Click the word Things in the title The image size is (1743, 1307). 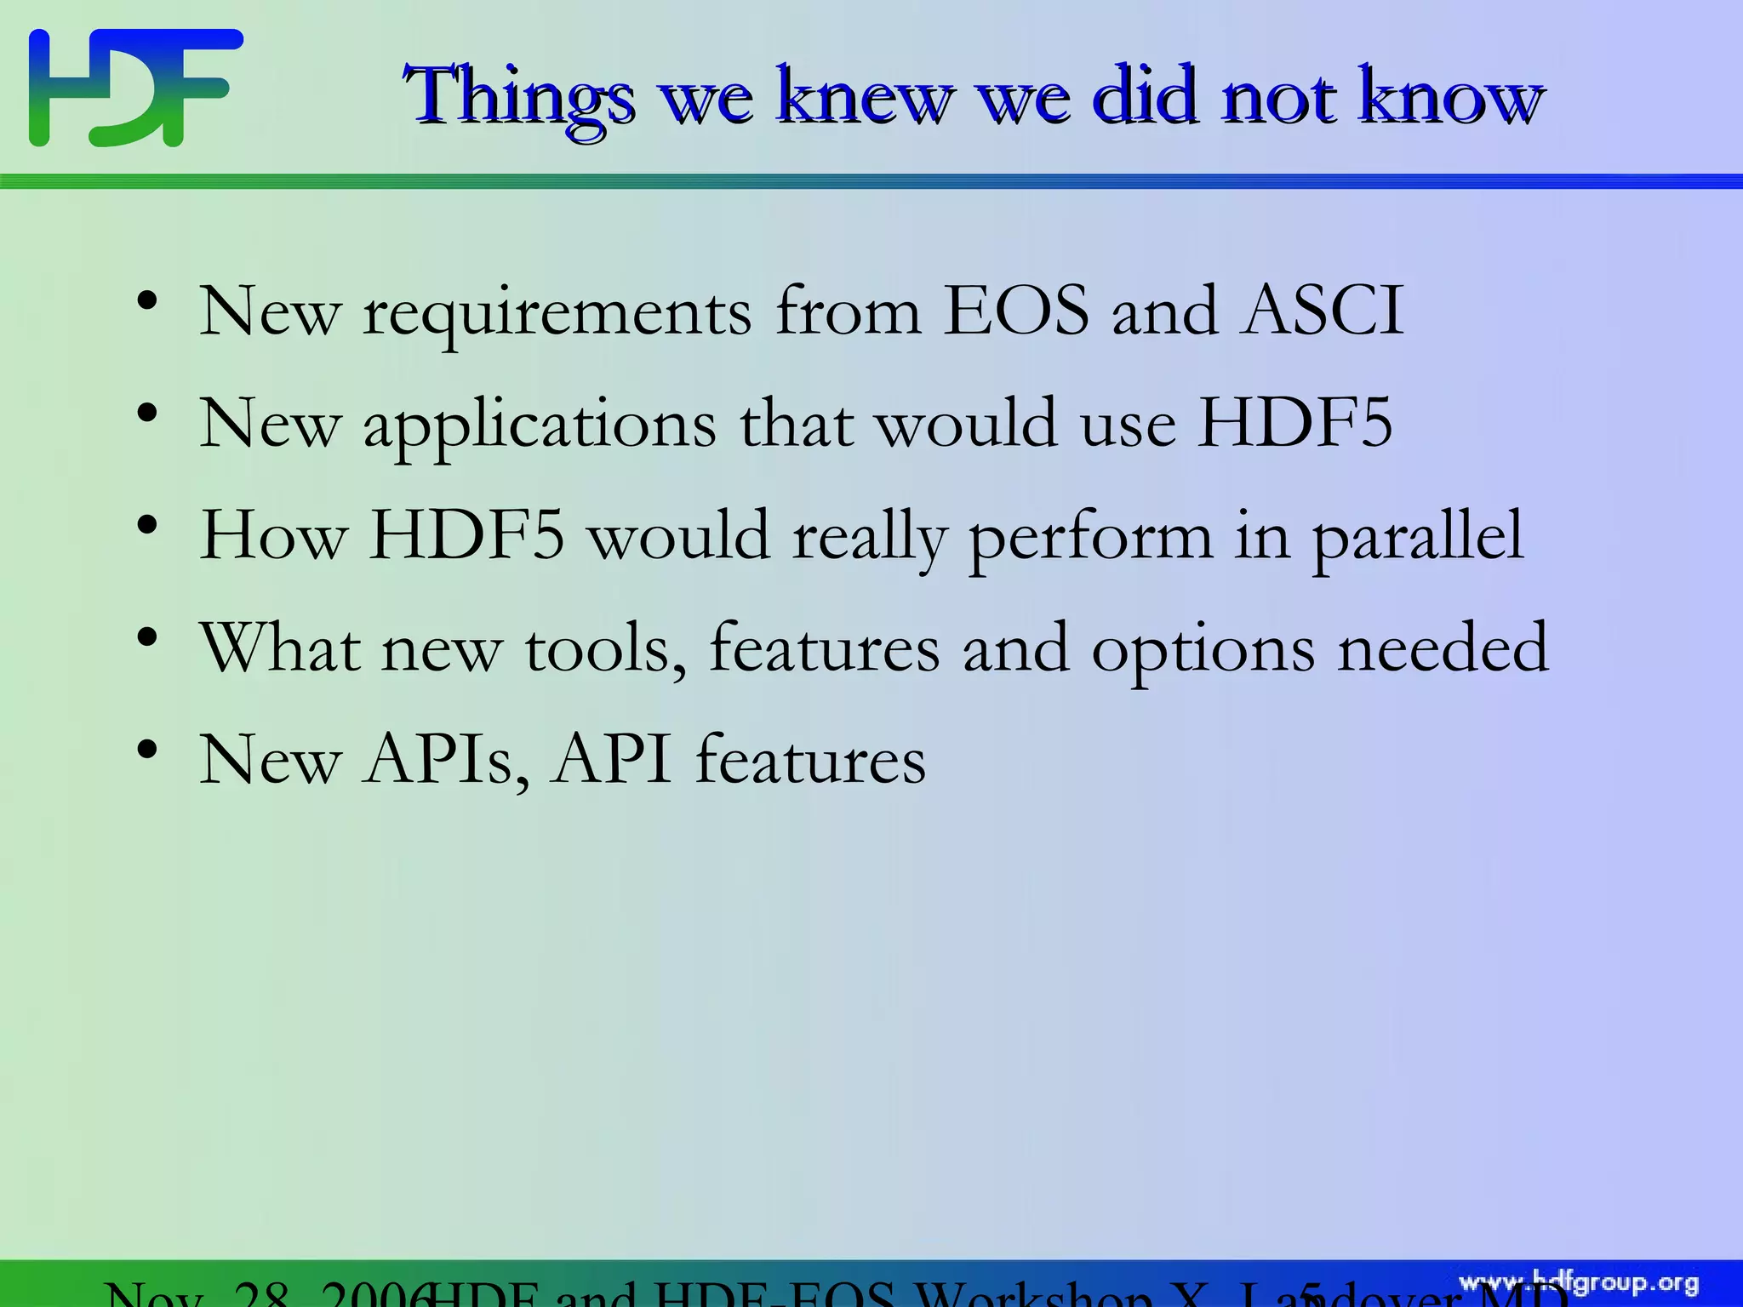(519, 98)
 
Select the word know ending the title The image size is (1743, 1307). (1450, 98)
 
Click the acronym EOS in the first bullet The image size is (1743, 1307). (1016, 311)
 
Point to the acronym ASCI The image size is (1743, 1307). (1322, 311)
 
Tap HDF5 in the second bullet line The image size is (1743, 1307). (1294, 423)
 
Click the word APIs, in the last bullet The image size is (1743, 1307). (447, 761)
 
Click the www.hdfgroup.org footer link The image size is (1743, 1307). (1579, 1283)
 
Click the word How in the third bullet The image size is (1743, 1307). (272, 536)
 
